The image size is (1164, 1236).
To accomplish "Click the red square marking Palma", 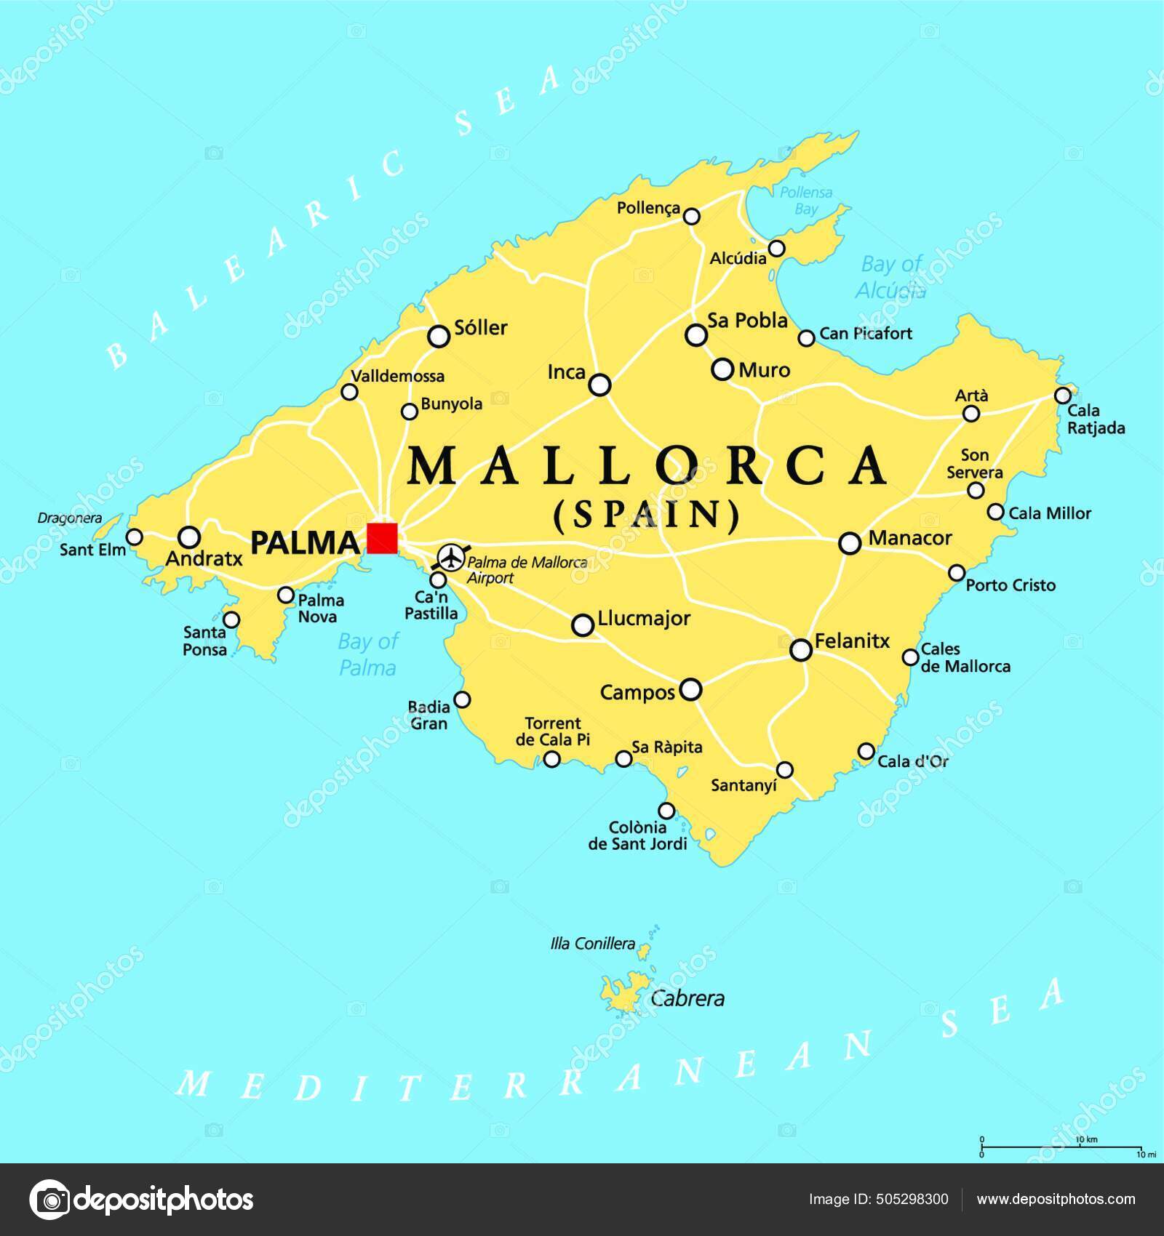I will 382,538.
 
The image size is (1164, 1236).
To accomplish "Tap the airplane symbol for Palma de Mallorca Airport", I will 453,558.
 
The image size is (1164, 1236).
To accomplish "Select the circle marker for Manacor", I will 850,542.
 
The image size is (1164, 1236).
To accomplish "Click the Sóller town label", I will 480,328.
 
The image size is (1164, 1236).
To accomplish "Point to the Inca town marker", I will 599,385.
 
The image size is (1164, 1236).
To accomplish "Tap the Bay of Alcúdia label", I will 891,277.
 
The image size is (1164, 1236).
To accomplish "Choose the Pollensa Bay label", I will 805,201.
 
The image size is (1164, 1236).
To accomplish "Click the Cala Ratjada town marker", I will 1063,396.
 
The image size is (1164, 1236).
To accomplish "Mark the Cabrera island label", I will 687,998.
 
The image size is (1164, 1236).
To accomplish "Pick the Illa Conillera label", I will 593,944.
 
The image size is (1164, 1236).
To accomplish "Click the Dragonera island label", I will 69,518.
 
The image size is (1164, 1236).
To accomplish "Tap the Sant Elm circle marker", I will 135,537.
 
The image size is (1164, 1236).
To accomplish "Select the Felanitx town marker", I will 801,650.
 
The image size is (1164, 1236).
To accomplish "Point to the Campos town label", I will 637,693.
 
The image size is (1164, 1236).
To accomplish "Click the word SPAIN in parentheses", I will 647,515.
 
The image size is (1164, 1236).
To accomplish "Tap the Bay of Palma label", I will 368,654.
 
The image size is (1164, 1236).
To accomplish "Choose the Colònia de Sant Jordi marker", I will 666,811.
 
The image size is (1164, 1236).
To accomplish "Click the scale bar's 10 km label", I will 1086,1139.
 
